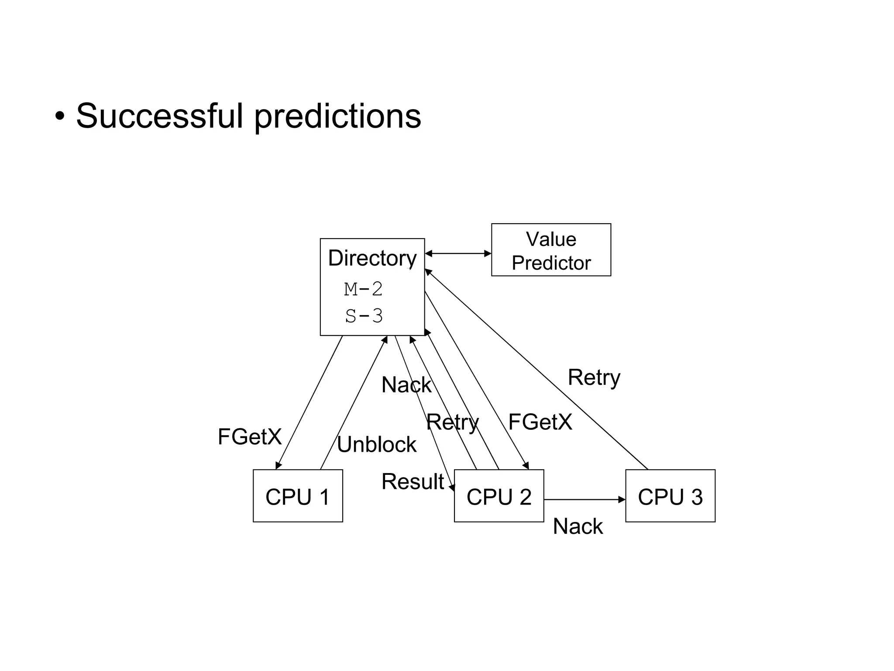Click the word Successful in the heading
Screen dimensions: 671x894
[159, 116]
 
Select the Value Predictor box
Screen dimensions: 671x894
[551, 250]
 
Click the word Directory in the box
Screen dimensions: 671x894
[372, 258]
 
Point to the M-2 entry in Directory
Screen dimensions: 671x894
[363, 289]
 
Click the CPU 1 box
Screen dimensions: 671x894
[298, 496]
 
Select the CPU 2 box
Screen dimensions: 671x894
[499, 496]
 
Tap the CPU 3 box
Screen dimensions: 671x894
[670, 496]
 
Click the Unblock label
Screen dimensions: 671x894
[376, 445]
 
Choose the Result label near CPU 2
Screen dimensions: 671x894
[413, 481]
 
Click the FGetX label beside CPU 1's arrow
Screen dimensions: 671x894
[250, 436]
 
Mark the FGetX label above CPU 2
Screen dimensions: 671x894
[540, 422]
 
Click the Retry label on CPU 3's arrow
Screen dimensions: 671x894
[594, 377]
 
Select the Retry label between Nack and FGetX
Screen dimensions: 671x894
[452, 422]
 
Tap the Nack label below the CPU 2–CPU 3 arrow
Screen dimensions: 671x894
[578, 526]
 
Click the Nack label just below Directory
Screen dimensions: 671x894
[406, 385]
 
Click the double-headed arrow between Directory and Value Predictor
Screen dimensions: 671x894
[458, 253]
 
